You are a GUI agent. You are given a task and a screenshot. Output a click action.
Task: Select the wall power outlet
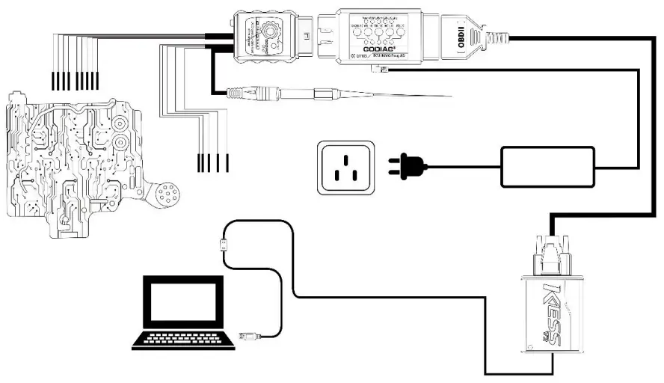(344, 168)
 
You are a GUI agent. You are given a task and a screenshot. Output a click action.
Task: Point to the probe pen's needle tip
(419, 96)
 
